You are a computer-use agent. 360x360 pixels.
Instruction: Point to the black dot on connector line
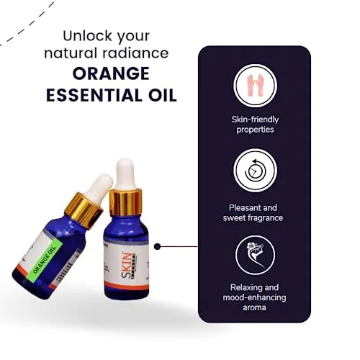(x=158, y=246)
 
